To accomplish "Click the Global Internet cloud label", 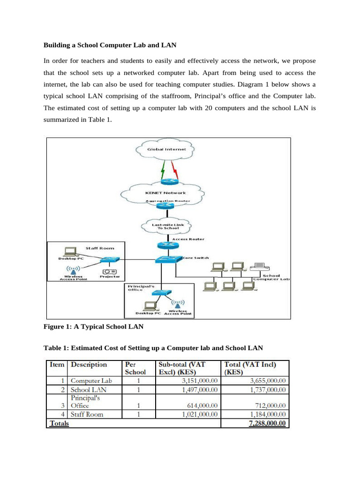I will coord(167,149).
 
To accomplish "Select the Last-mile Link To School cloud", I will coord(168,226).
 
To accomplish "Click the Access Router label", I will coord(188,239).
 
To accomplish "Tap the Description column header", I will coord(89,364).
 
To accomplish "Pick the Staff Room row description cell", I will coord(87,414).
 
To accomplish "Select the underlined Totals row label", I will coord(59,423).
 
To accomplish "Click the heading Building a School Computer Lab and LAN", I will coord(110,45).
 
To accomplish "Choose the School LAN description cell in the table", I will coord(89,390).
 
